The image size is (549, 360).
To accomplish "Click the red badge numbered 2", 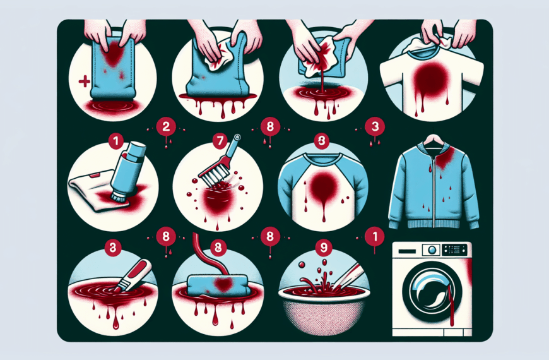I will (166, 126).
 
